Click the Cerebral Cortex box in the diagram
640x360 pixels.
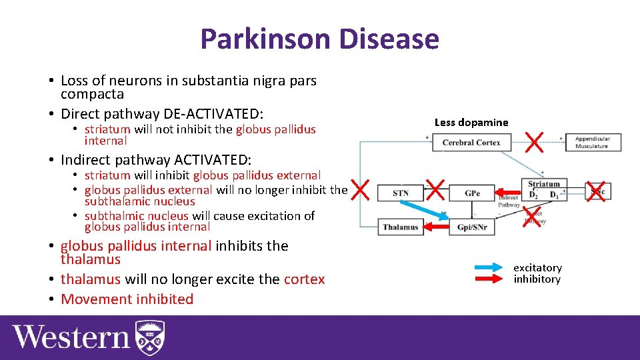click(471, 142)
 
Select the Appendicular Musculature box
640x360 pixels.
click(593, 142)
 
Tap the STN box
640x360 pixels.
click(401, 193)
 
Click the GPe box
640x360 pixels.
click(472, 193)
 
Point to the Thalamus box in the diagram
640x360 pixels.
click(401, 227)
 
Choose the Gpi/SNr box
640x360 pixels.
click(472, 227)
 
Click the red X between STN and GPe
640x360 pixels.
click(435, 189)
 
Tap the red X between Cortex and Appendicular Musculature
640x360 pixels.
click(534, 140)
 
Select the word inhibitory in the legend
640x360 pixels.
click(537, 279)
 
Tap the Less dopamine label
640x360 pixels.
click(471, 122)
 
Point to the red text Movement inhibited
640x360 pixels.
click(127, 299)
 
